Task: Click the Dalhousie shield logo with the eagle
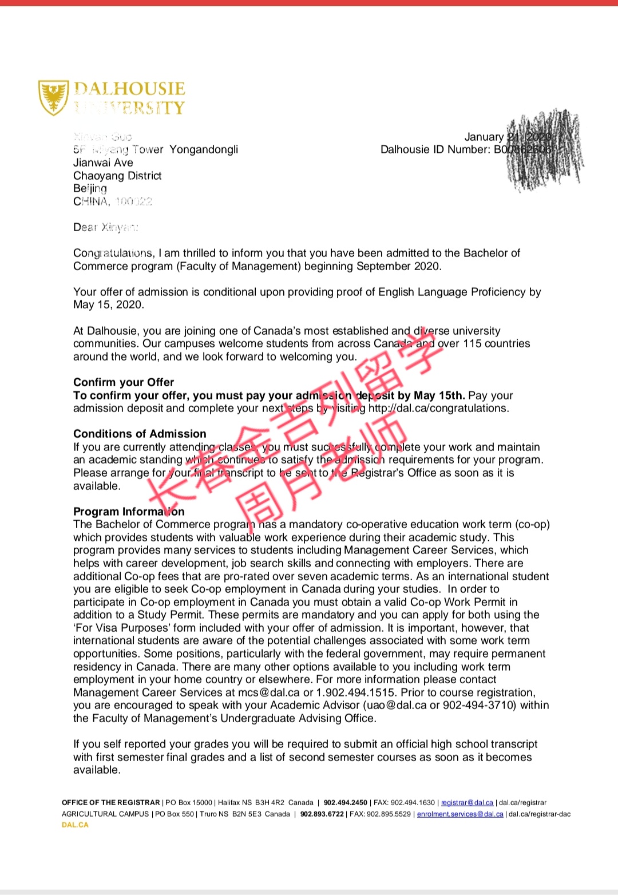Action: click(x=53, y=98)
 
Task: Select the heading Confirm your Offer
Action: click(x=124, y=382)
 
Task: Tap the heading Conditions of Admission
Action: click(x=140, y=434)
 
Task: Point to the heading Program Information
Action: click(x=129, y=512)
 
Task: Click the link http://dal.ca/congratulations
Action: click(x=438, y=409)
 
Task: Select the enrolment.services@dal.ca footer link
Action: click(x=460, y=814)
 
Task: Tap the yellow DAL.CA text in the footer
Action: click(x=75, y=825)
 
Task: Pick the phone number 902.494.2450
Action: click(x=346, y=803)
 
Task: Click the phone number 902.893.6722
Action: click(x=322, y=814)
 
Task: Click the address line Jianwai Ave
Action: click(x=103, y=163)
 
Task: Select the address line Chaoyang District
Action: click(x=117, y=176)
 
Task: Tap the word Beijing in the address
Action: click(x=90, y=189)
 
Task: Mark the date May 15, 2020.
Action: click(x=109, y=305)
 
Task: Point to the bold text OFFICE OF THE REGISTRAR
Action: click(x=111, y=803)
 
